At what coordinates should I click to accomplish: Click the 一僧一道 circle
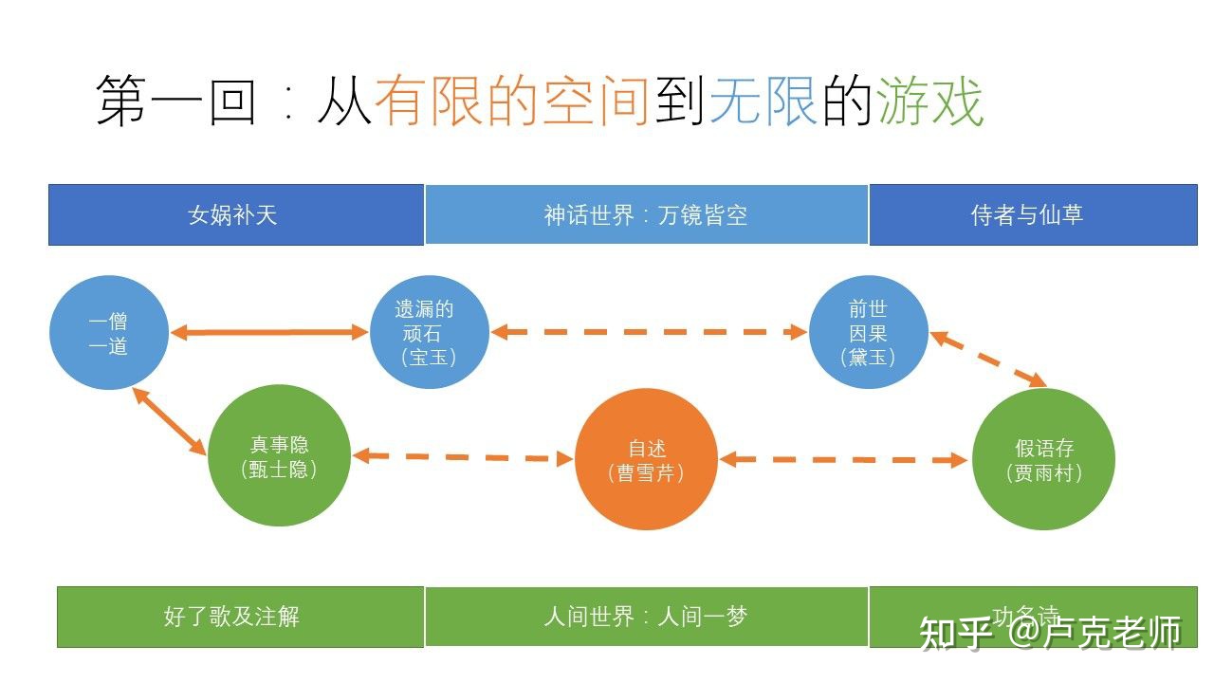(108, 333)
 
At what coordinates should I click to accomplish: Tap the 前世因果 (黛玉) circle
(868, 333)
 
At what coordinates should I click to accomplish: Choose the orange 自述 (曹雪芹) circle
(646, 460)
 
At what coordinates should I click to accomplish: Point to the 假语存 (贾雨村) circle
(1043, 460)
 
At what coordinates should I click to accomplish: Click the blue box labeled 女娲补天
(235, 214)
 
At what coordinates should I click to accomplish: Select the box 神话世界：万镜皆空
(646, 214)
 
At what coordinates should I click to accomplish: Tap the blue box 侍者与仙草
(1033, 214)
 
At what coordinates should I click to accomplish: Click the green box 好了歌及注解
(240, 617)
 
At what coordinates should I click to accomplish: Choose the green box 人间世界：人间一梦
(646, 617)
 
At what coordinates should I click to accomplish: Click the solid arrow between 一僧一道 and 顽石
(268, 332)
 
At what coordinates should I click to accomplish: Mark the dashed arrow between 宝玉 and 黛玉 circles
(649, 332)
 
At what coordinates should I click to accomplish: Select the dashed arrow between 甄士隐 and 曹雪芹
(463, 457)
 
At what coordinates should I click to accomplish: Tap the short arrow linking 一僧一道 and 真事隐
(170, 420)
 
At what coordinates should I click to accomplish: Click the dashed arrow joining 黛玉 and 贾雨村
(987, 359)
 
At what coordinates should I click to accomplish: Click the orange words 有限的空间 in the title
(512, 102)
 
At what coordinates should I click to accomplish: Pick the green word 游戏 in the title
(930, 102)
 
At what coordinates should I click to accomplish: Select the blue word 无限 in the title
(763, 102)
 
